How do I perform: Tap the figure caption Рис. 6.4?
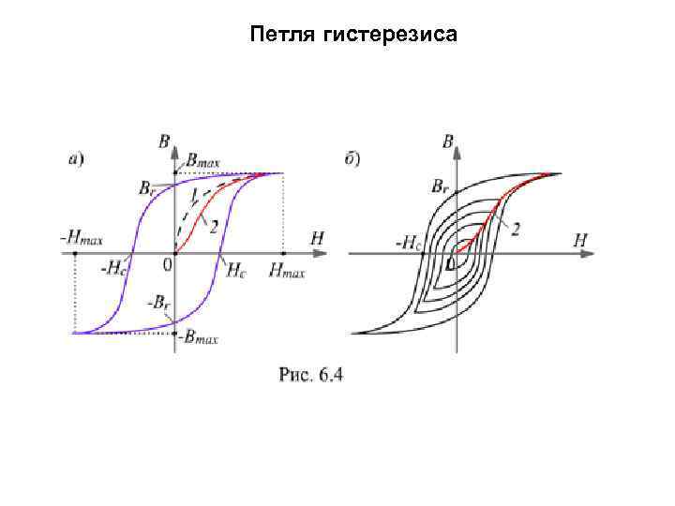click(311, 376)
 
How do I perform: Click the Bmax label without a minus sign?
click(202, 160)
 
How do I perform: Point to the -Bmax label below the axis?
click(199, 338)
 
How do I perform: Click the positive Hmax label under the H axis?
click(286, 270)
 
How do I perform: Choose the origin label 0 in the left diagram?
click(168, 265)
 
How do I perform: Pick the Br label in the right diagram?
click(440, 187)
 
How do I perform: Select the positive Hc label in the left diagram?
click(237, 269)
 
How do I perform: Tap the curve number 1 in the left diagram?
click(194, 195)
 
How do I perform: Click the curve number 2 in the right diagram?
click(515, 229)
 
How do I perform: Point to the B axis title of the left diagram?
click(164, 142)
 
